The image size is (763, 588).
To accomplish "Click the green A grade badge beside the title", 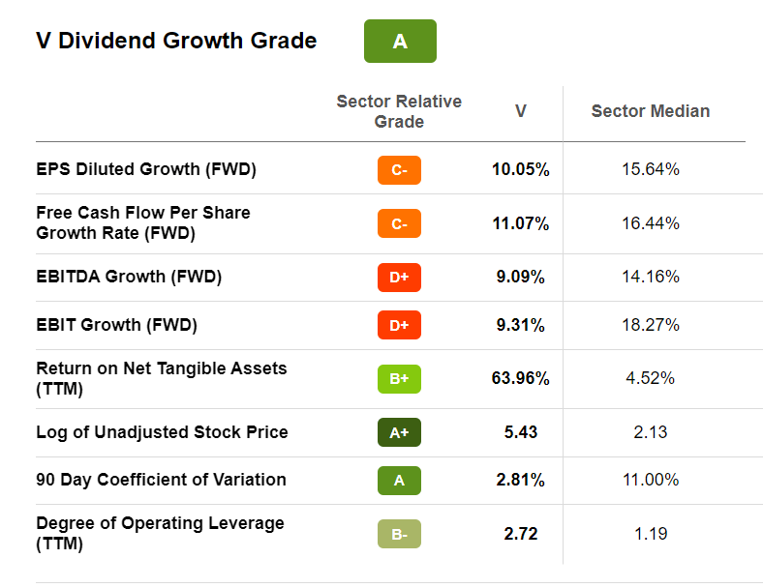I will click(x=400, y=42).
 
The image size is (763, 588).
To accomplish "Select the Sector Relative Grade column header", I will click(x=399, y=111).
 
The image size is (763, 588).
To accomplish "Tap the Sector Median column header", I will click(x=650, y=111).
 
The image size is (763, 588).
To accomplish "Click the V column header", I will click(x=520, y=111).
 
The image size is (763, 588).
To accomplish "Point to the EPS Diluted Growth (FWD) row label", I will click(x=145, y=169).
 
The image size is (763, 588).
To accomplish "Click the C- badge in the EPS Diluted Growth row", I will click(x=399, y=170).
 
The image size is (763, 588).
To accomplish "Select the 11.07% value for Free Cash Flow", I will click(x=520, y=223).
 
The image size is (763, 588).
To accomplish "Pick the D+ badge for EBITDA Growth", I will click(x=399, y=277).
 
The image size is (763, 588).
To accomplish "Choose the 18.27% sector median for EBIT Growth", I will click(x=650, y=325).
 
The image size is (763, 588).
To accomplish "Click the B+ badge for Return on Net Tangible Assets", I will click(x=399, y=378).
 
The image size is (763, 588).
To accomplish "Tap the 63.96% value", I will click(x=520, y=378).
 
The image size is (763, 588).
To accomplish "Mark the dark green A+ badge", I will click(x=399, y=432).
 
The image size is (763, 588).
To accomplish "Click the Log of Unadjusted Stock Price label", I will click(x=162, y=431).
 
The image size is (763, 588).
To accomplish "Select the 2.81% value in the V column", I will click(x=520, y=480).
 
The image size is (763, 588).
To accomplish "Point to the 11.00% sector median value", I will click(x=650, y=480).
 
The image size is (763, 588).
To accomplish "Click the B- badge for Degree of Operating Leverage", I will click(x=399, y=534).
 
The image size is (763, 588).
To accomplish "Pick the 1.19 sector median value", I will click(x=650, y=533).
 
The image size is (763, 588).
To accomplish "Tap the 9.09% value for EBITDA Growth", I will click(x=520, y=277).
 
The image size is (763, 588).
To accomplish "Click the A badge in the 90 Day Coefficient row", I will click(x=399, y=481).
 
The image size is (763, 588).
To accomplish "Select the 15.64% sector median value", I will click(x=650, y=169).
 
